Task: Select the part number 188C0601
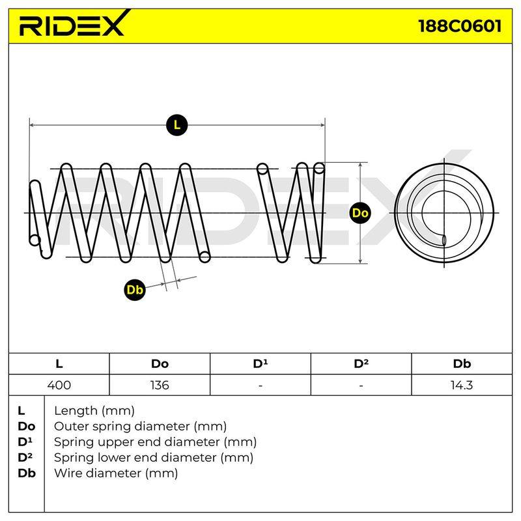pos(460,25)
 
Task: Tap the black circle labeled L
pos(176,125)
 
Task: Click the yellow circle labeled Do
pos(360,213)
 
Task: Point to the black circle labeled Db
pos(135,290)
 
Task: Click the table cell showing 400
pos(59,385)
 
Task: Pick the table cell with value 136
pos(160,385)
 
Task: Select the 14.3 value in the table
pos(462,385)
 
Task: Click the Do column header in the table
pos(160,364)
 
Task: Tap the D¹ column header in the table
pos(260,364)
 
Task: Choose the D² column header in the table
pos(361,364)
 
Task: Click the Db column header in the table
pos(462,364)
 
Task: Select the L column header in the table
pos(59,364)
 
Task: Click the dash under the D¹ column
pos(260,386)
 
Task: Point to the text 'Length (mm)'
pos(94,411)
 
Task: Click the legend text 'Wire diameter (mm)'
pos(116,473)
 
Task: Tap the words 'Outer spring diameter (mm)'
pos(140,427)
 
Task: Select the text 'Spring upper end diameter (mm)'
pos(155,442)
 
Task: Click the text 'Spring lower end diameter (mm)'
pos(154,458)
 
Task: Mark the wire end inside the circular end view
pos(444,240)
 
